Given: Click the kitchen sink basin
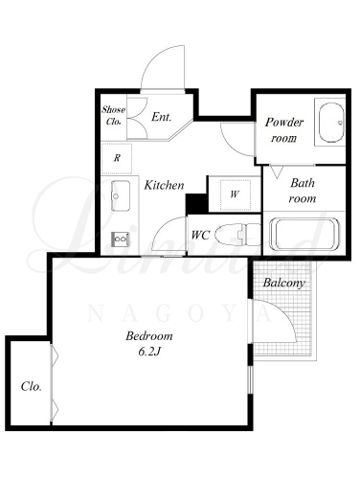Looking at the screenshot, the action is (x=121, y=195).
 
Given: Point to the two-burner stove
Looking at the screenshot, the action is (x=120, y=239).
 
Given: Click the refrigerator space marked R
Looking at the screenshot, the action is (x=117, y=158).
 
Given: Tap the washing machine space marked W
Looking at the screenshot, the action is (x=236, y=194).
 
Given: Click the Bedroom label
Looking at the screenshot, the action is (x=149, y=336).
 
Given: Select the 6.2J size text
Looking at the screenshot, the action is (x=149, y=352).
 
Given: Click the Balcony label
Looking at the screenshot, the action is (x=283, y=283).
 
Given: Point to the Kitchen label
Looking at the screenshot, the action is (x=164, y=185).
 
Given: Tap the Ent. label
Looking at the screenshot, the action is (x=162, y=117).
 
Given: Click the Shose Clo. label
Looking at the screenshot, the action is (x=114, y=115).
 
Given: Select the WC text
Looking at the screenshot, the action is (x=200, y=236).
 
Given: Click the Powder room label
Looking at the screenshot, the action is (x=284, y=130).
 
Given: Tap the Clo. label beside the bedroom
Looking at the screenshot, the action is (x=32, y=387).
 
